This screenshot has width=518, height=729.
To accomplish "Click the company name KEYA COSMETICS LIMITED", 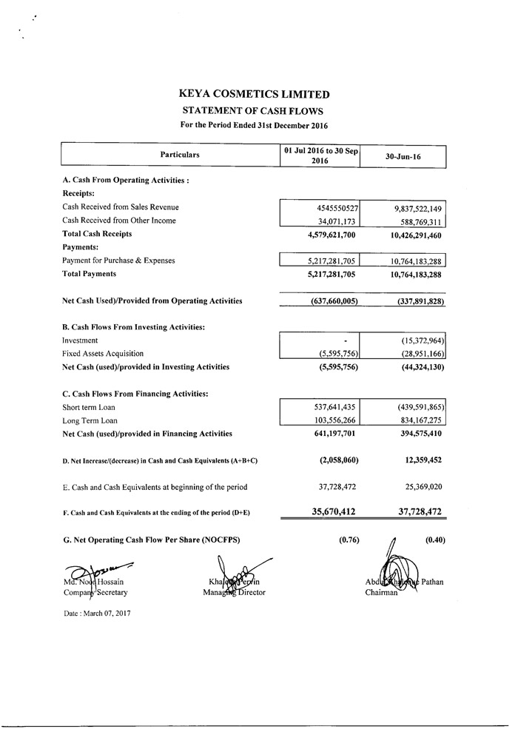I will point(255,95).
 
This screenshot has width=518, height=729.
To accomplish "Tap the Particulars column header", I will point(180,155).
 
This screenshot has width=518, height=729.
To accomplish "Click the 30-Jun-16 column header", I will point(403,157).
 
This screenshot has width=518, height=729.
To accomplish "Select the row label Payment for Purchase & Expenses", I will point(123,261).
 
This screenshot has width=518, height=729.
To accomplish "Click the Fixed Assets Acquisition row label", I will point(103,354).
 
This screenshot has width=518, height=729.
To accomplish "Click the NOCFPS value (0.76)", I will point(349,540).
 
